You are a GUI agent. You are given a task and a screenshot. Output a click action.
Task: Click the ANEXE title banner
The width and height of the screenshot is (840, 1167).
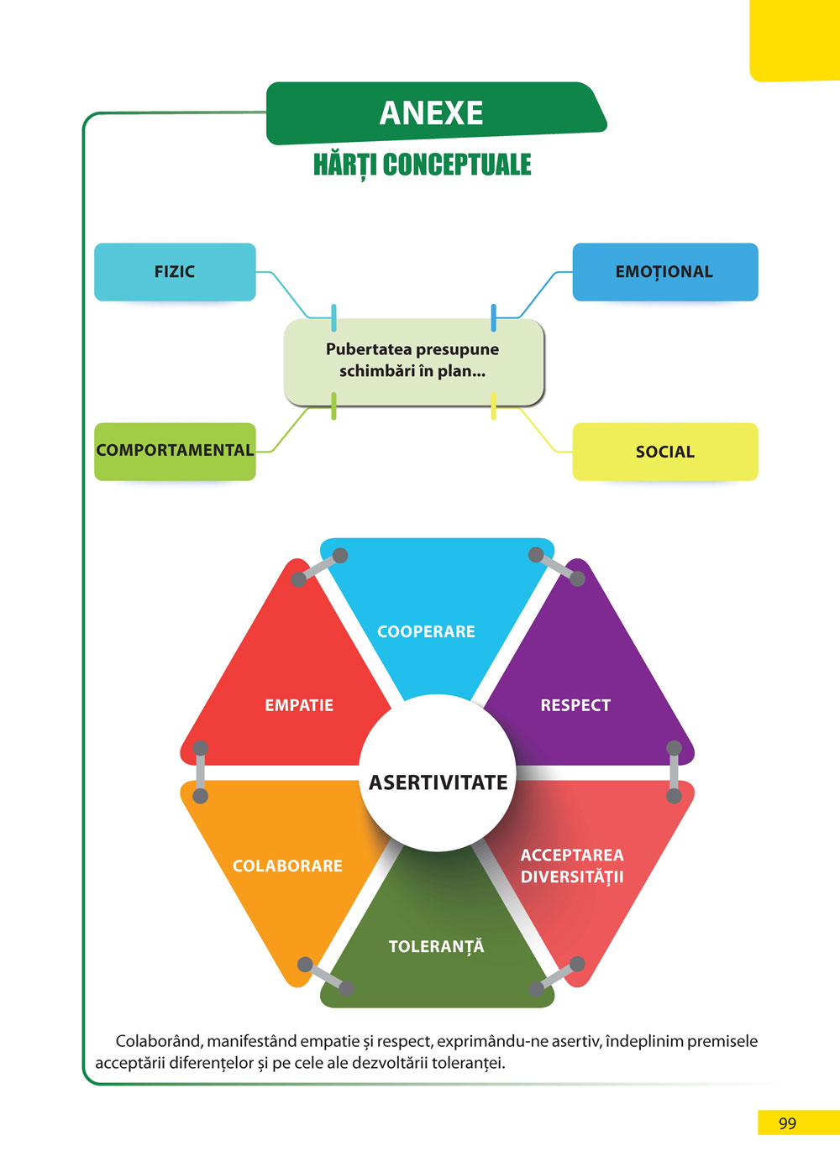432,113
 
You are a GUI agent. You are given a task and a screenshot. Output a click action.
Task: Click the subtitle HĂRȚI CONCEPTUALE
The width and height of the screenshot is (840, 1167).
422,165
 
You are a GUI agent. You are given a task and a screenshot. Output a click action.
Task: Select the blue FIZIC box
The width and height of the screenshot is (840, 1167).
175,272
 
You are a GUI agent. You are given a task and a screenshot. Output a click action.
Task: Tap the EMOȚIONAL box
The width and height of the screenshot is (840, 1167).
664,272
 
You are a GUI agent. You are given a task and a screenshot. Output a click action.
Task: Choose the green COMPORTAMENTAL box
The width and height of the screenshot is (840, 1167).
175,451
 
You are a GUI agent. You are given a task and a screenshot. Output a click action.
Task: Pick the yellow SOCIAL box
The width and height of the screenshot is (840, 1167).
664,452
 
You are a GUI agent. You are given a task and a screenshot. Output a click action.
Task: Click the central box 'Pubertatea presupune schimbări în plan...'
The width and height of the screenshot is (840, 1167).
412,360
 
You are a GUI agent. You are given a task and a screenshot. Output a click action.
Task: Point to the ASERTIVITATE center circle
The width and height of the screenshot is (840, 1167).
438,782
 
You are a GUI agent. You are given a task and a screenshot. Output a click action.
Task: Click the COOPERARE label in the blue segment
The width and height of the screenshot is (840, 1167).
426,631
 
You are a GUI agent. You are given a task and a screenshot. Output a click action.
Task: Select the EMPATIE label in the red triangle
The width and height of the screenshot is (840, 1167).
299,705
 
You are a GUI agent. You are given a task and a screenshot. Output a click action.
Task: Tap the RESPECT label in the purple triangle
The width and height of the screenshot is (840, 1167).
575,705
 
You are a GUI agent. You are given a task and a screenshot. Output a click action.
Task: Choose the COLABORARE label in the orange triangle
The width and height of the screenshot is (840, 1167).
287,866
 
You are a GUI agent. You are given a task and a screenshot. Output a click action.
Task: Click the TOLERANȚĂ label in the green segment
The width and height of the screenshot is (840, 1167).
436,947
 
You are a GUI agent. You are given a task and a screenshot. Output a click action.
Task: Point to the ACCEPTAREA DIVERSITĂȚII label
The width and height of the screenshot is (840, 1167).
572,866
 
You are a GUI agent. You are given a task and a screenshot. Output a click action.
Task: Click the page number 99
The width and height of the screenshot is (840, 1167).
787,1123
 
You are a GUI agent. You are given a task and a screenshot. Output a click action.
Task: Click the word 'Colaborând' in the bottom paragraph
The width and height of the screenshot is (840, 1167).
159,1041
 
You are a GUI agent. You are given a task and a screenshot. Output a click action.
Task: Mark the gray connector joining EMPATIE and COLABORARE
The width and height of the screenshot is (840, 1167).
201,772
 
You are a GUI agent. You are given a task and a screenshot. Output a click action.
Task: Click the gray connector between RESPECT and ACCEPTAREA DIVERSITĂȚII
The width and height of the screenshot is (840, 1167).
674,772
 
